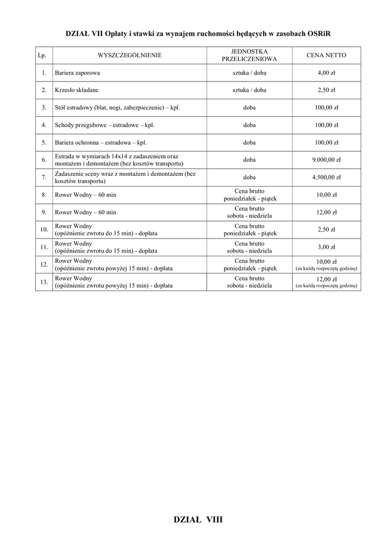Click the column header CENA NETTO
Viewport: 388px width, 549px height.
326,55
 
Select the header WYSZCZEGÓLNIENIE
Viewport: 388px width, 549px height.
129,55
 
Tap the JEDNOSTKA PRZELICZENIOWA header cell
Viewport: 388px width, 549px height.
249,55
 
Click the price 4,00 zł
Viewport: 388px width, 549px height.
326,72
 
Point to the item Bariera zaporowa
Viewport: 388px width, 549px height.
77,72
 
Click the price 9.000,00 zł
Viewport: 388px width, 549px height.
326,160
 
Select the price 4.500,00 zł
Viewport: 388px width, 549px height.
326,177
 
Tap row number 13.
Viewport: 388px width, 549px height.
44,282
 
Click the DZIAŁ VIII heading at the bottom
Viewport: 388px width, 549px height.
198,520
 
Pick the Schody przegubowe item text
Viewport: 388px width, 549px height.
101,125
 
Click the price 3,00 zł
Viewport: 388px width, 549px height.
326,247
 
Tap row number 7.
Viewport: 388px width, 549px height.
44,177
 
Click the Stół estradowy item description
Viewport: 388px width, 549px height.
117,108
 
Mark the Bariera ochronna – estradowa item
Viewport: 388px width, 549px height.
101,143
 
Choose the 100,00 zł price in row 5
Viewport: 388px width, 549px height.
326,143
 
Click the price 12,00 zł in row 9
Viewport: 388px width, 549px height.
326,212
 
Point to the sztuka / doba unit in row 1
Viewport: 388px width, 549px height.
249,72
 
